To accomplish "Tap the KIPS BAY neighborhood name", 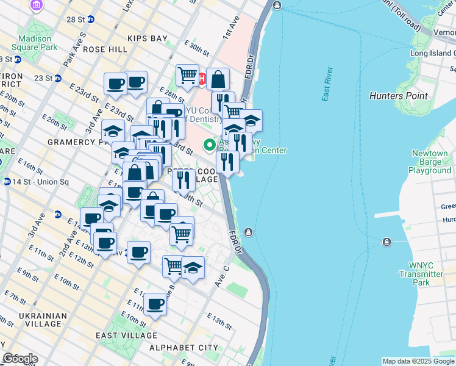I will tap(148, 38).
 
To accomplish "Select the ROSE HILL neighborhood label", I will tap(105, 49).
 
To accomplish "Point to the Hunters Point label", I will tap(398, 96).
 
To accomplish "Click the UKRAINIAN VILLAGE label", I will tap(43, 320).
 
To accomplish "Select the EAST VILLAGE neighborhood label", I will tap(126, 335).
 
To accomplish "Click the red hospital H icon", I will tap(202, 78).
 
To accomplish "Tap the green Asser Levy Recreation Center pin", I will tap(210, 145).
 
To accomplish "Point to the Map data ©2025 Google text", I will tap(418, 361).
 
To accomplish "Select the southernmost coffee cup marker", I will tap(155, 304).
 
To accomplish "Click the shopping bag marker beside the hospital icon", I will tap(218, 79).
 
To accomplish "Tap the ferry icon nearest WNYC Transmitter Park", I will tap(386, 242).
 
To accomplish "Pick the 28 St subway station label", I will tap(76, 20).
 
